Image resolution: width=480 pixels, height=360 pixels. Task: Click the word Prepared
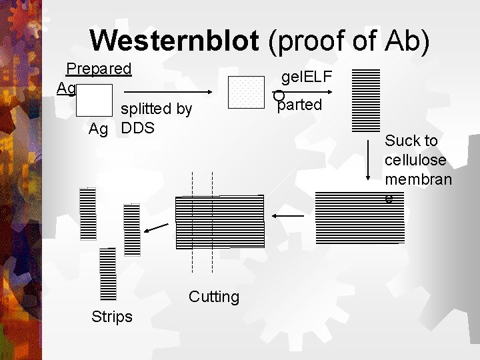[x=99, y=69]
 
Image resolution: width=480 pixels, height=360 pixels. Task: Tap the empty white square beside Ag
[x=94, y=100]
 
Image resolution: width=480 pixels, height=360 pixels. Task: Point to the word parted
[x=300, y=105]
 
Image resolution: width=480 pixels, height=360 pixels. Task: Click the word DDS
[x=138, y=128]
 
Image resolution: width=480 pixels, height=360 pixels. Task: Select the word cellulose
[x=415, y=161]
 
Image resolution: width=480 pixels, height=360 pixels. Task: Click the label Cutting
[x=213, y=297]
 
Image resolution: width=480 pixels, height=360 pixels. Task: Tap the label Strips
[x=111, y=316]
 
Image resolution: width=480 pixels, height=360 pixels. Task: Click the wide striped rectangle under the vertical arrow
[x=359, y=217]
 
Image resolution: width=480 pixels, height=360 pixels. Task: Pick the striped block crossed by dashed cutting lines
[x=219, y=221]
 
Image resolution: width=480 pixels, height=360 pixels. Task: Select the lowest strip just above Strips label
[x=107, y=274]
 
